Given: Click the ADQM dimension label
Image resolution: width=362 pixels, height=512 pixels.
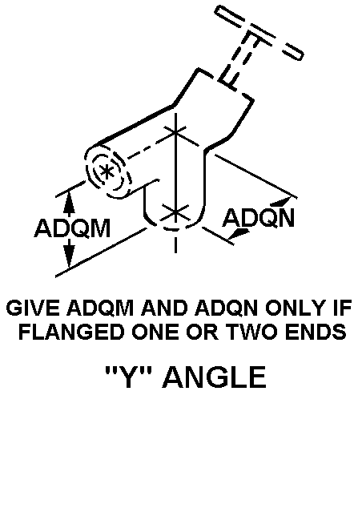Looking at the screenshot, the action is pyautogui.click(x=72, y=228).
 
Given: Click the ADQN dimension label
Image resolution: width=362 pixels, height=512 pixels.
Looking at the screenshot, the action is pyautogui.click(x=258, y=217).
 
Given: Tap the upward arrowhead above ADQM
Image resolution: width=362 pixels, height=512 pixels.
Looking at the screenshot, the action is pyautogui.click(x=69, y=203).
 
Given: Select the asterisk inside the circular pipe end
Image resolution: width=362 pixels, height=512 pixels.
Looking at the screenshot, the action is pyautogui.click(x=107, y=171).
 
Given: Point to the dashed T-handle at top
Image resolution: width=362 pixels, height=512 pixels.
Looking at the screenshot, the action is pyautogui.click(x=259, y=33).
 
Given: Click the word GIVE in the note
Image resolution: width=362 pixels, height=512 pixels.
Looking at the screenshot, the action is pyautogui.click(x=33, y=308).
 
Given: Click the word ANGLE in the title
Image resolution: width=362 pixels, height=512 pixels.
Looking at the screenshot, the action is pyautogui.click(x=214, y=377).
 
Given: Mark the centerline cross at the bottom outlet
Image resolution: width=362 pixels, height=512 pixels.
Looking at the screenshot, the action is pyautogui.click(x=175, y=212).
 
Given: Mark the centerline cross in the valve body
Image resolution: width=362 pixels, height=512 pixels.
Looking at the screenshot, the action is pyautogui.click(x=175, y=133).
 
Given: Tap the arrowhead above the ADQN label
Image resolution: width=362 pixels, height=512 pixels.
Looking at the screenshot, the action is pyautogui.click(x=281, y=201).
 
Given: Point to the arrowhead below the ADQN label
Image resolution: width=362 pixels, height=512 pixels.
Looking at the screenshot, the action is pyautogui.click(x=240, y=233).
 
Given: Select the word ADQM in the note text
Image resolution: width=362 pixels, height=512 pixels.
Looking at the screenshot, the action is pyautogui.click(x=100, y=308).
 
